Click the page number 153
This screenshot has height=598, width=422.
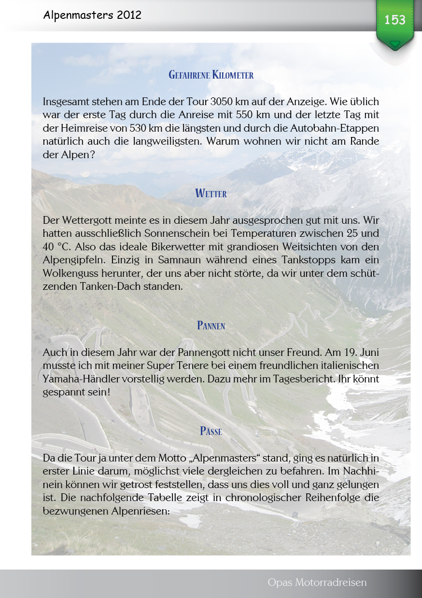coord(395,20)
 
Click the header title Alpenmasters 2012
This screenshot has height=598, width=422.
coord(92,15)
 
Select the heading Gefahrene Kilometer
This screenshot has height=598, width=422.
coord(211,75)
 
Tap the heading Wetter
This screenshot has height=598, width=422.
coord(211,193)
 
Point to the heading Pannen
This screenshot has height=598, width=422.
coord(211,326)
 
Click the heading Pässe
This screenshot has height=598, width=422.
coord(211,431)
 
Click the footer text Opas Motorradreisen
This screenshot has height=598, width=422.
coord(317,583)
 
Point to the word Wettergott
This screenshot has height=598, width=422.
coord(85,221)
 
